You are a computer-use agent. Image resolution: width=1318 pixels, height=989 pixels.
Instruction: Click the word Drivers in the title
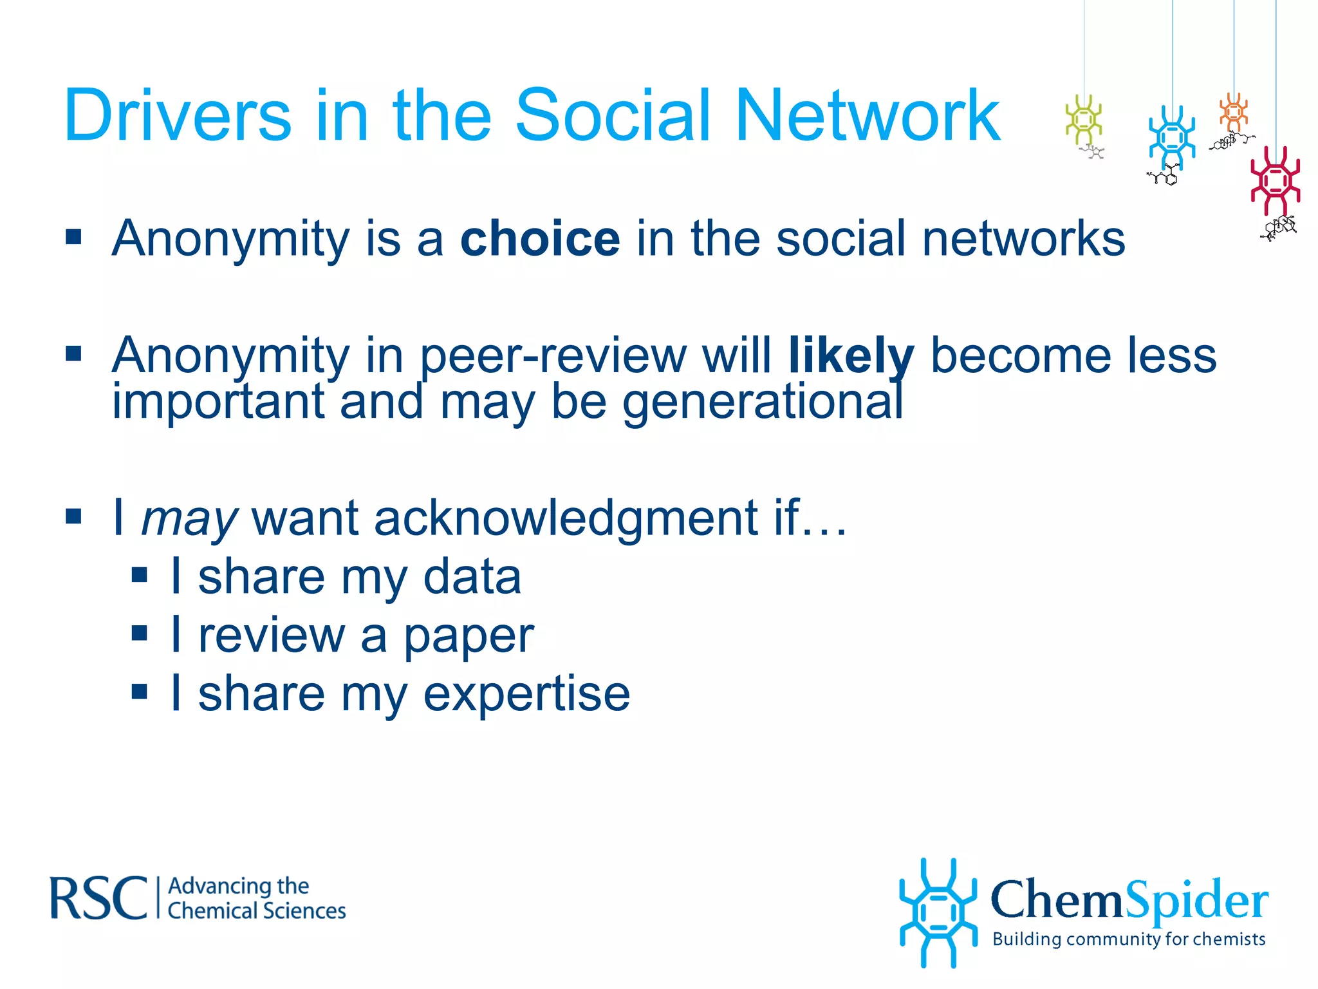click(x=178, y=115)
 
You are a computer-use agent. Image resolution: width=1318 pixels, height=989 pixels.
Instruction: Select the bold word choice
click(x=540, y=238)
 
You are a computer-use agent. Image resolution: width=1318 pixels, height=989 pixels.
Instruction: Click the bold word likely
click(x=851, y=355)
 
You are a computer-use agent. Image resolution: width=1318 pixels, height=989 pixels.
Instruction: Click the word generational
click(x=763, y=402)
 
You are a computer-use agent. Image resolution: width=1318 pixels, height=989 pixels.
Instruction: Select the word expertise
click(x=526, y=693)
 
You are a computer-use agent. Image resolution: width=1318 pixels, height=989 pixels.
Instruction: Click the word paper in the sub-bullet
click(x=469, y=636)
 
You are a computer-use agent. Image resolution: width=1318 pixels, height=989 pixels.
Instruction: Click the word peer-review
click(x=553, y=355)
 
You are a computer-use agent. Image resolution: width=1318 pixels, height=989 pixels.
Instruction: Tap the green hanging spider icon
click(x=1084, y=120)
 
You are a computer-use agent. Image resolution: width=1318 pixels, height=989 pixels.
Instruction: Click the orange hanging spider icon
click(x=1234, y=112)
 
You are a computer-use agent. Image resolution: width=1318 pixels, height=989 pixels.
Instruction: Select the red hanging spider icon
click(x=1275, y=180)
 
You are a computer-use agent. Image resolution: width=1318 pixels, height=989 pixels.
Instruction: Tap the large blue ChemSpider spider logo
click(x=938, y=912)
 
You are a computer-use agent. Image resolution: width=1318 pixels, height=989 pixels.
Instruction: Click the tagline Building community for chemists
click(x=1129, y=939)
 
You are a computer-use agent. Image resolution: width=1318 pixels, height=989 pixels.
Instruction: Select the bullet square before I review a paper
click(x=139, y=634)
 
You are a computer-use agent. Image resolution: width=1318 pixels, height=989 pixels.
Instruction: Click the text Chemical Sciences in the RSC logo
click(x=257, y=911)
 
